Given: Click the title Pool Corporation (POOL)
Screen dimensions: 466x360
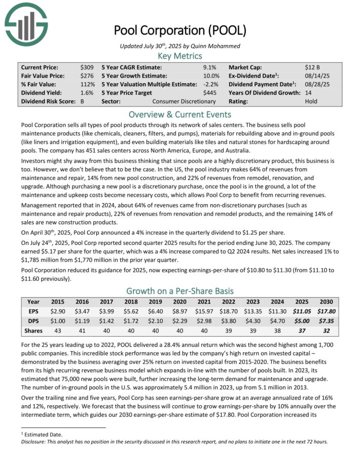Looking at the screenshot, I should click(180, 30).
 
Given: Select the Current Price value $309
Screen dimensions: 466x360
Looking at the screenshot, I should click(87, 67).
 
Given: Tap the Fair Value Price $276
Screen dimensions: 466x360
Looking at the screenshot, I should click(87, 76).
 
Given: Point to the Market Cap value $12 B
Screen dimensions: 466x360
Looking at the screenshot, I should click(313, 67).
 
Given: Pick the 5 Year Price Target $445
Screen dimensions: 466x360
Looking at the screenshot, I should click(209, 93).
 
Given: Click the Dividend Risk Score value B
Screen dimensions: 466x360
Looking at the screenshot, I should click(82, 101).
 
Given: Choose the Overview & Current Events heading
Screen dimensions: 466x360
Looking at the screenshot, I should click(180, 114).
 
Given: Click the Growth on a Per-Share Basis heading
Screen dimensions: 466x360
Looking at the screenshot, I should click(180, 291).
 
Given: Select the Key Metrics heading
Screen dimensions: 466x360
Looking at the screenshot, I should click(180, 56).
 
